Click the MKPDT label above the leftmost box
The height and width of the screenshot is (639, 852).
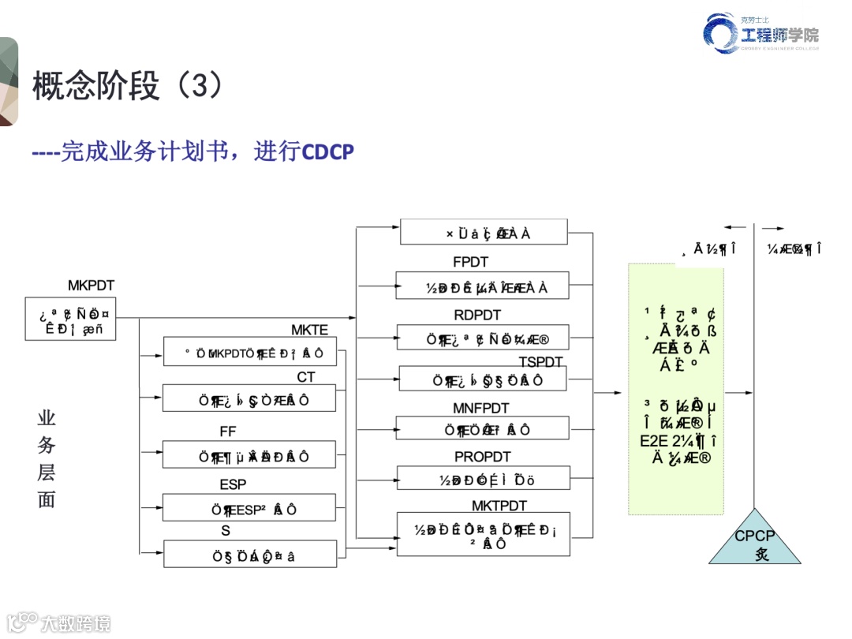[x=91, y=285]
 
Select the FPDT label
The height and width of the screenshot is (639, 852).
[x=470, y=262]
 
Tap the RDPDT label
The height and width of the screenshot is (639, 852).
[x=477, y=315]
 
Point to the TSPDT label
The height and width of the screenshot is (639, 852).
[x=541, y=361]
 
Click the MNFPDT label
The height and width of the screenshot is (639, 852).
[x=480, y=408]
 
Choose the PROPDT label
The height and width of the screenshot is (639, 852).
[x=482, y=457]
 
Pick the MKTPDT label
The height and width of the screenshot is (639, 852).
[x=499, y=505]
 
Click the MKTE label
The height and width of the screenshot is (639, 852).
[x=309, y=330]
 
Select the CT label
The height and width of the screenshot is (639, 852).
[x=306, y=377]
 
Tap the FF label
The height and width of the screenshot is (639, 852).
[x=227, y=432]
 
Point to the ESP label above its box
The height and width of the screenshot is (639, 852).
[x=233, y=484]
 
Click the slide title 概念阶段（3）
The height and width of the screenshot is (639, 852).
[x=126, y=86]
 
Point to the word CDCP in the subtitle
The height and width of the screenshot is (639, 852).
[x=328, y=151]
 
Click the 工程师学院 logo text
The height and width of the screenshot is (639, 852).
[x=779, y=35]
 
